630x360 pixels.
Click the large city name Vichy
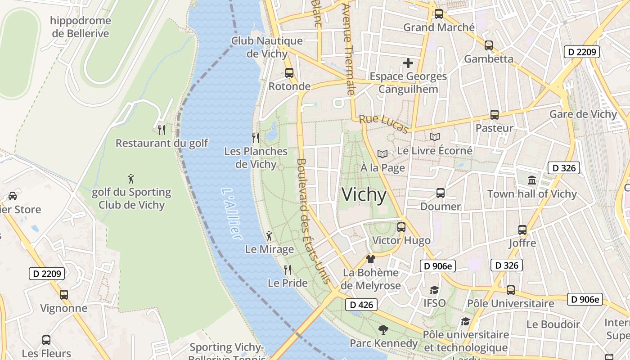(364, 195)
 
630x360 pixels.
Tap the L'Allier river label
(232, 214)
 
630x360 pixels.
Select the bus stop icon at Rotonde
(289, 72)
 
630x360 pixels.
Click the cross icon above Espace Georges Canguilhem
(408, 63)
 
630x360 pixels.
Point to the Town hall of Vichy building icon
(532, 180)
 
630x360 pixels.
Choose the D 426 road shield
(361, 305)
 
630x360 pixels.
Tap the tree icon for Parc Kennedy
(383, 330)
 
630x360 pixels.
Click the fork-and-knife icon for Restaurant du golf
(162, 130)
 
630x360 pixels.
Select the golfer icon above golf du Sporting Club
(131, 179)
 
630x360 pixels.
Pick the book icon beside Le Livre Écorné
(435, 137)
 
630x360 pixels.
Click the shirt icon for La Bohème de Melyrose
(370, 259)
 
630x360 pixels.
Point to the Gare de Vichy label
(583, 114)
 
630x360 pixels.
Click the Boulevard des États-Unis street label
(313, 220)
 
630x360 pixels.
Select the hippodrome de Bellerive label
(81, 27)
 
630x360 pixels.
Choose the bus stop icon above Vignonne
(64, 295)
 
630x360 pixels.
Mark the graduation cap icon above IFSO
(434, 290)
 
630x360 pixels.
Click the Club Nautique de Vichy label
(267, 47)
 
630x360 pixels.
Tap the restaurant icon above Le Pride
(288, 270)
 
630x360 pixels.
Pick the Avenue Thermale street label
(349, 49)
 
